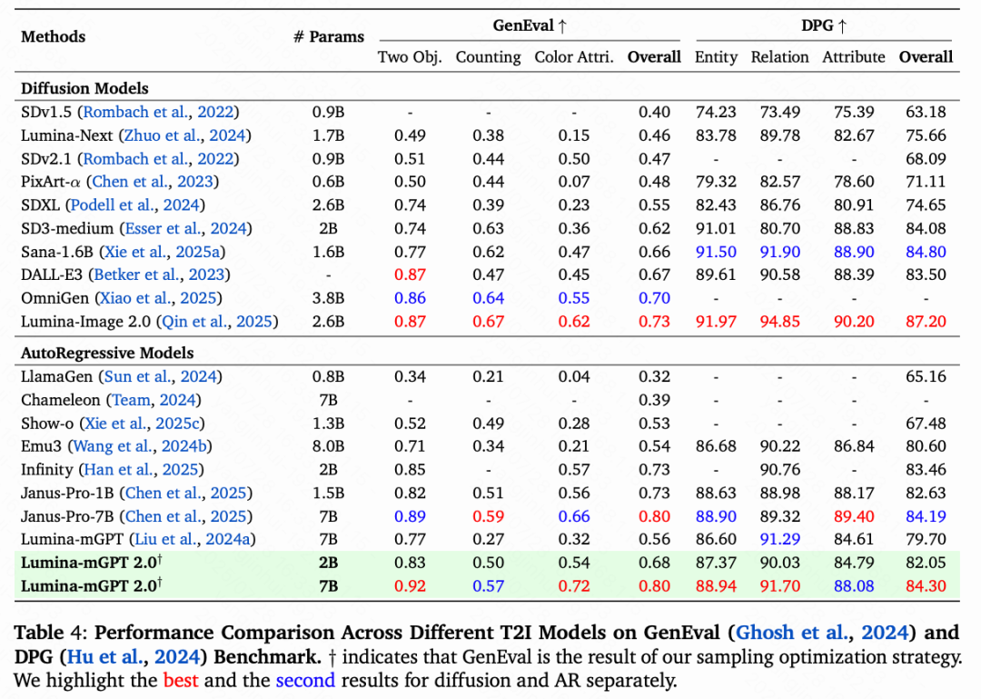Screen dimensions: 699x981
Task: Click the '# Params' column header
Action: (329, 37)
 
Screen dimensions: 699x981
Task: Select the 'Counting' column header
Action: (489, 56)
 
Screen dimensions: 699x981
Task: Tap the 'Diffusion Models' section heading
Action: (84, 88)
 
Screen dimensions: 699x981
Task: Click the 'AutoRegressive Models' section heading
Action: (107, 353)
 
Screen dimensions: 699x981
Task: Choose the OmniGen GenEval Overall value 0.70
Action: (654, 297)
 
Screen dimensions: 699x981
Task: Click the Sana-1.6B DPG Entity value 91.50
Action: (716, 252)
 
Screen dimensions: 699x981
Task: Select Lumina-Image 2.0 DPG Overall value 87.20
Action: (926, 321)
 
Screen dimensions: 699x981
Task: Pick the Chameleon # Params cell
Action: (329, 400)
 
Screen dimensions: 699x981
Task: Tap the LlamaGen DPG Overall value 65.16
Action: (926, 376)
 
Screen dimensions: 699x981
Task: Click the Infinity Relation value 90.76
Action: (779, 470)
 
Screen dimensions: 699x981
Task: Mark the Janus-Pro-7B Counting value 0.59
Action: (489, 516)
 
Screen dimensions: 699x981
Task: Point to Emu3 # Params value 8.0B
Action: (329, 446)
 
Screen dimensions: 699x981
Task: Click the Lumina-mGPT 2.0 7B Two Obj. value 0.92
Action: (411, 586)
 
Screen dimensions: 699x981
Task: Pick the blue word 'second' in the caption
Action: (305, 680)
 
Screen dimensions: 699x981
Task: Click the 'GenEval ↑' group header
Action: (530, 25)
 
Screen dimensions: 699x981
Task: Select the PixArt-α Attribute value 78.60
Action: (854, 182)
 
